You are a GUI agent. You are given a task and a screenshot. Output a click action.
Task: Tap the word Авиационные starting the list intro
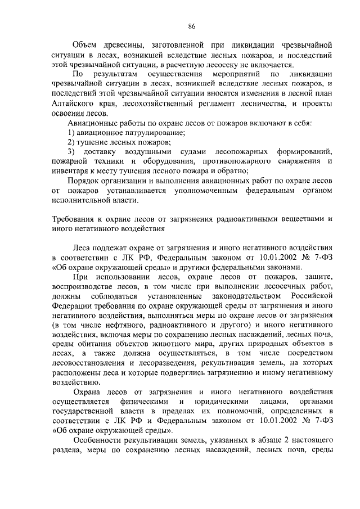[x=93, y=122]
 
